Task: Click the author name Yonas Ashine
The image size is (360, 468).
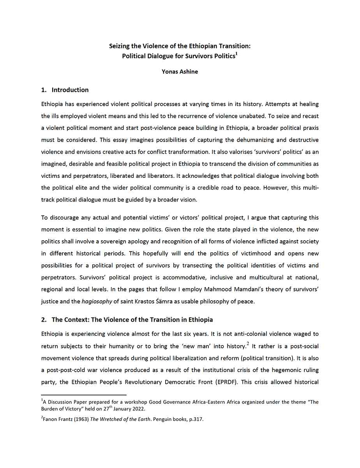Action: [x=180, y=72]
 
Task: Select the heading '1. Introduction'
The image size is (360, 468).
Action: [x=65, y=90]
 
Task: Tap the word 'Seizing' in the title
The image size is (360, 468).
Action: [x=120, y=46]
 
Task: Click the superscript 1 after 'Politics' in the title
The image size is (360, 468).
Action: [x=236, y=53]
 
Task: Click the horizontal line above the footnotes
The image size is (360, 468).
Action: [x=84, y=395]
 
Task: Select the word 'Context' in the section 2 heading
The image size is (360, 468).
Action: [x=77, y=320]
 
